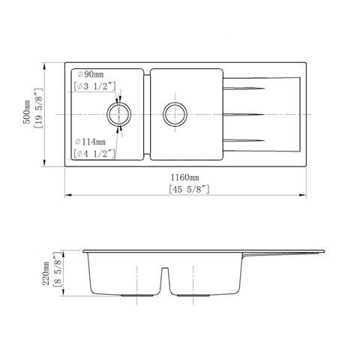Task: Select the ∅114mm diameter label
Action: coord(91,140)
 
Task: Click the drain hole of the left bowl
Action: coord(118,114)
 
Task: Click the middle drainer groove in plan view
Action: coord(244,115)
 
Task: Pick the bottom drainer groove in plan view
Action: coord(244,139)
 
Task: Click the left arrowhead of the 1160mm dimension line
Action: coord(67,196)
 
